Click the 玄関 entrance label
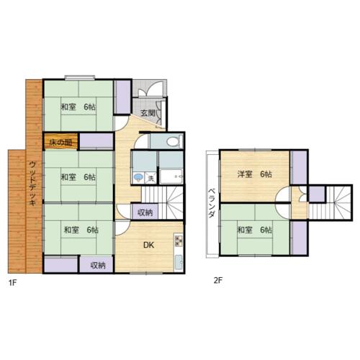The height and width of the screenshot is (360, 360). click(x=148, y=113)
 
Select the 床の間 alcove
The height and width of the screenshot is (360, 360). click(x=60, y=142)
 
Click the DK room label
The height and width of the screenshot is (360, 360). click(x=148, y=245)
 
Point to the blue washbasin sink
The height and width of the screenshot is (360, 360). click(x=138, y=178)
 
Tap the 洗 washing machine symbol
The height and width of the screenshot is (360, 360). click(x=150, y=179)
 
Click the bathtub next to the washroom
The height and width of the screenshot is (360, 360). click(x=171, y=176)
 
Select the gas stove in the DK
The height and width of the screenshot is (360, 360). click(x=179, y=241)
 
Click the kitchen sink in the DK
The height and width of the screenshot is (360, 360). click(x=179, y=262)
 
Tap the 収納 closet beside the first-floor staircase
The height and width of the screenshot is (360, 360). click(x=145, y=212)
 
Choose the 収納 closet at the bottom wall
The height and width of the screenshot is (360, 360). click(x=96, y=265)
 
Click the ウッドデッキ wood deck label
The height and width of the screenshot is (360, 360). click(x=32, y=184)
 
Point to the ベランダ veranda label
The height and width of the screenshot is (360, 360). click(x=211, y=203)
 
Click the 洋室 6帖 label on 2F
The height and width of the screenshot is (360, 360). click(x=255, y=174)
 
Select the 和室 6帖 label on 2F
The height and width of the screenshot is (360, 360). click(x=255, y=230)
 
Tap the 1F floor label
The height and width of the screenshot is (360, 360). click(x=12, y=283)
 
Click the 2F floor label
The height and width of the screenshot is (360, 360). click(x=218, y=280)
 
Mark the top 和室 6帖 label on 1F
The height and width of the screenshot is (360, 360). click(x=78, y=107)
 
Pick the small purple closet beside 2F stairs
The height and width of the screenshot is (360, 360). click(x=317, y=194)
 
